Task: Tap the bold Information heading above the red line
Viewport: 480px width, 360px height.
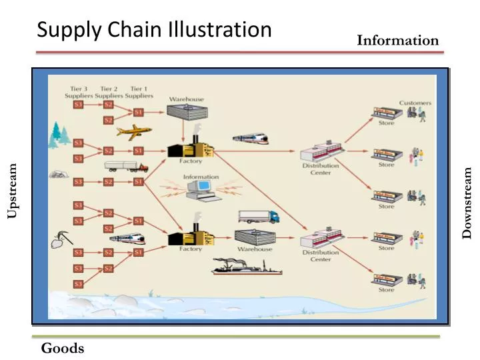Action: [397, 40]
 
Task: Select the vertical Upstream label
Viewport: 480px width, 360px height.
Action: [13, 191]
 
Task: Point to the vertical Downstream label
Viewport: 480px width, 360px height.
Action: [467, 202]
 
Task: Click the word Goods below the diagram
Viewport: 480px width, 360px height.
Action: [63, 348]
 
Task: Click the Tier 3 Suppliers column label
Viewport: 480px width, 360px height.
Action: [79, 92]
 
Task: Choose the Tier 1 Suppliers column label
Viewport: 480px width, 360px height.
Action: [139, 92]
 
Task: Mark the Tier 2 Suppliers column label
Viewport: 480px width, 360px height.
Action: [109, 92]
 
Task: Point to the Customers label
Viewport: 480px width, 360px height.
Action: [415, 103]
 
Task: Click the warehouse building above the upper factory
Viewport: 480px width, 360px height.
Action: [186, 119]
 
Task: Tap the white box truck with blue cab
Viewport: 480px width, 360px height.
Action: [258, 217]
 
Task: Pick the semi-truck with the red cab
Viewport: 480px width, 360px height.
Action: [126, 166]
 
